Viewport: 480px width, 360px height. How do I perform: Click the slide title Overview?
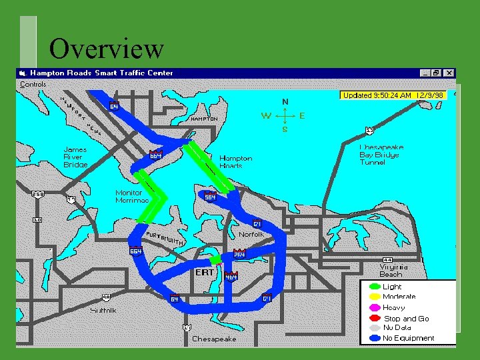[x=107, y=49]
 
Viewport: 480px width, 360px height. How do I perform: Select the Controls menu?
[x=33, y=85]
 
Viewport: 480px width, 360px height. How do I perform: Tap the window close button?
[x=450, y=73]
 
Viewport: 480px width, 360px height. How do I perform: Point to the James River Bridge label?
[x=75, y=157]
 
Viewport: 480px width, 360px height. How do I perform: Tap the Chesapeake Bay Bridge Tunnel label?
[x=381, y=154]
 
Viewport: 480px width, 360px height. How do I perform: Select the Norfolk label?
[x=251, y=235]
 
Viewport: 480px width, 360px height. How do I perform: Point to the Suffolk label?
[x=103, y=310]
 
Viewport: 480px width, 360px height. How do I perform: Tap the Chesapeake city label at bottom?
[x=214, y=339]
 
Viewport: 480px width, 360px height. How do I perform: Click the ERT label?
[x=205, y=272]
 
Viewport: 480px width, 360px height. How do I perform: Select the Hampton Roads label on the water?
[x=236, y=162]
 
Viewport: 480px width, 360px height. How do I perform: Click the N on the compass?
[x=285, y=101]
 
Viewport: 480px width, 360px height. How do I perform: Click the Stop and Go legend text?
[x=406, y=319]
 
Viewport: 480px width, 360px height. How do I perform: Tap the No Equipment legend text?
[x=408, y=338]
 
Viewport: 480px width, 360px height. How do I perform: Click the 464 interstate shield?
[x=231, y=276]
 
